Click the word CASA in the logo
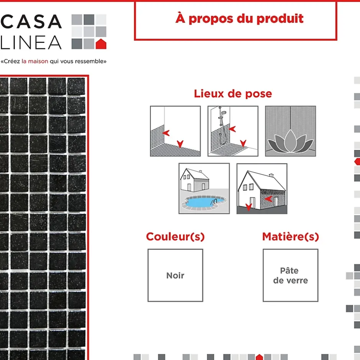click(x=31, y=21)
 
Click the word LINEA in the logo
click(x=31, y=43)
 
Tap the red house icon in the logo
click(x=101, y=44)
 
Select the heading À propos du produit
click(x=239, y=18)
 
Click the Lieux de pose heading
click(x=233, y=94)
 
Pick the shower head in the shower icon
click(x=223, y=113)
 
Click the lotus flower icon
click(x=290, y=141)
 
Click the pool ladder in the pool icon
click(x=214, y=202)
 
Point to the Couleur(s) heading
click(x=175, y=236)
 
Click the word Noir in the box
click(x=175, y=275)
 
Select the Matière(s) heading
click(x=290, y=236)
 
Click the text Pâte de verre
click(x=290, y=275)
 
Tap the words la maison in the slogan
click(x=35, y=61)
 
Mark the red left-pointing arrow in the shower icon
click(x=232, y=129)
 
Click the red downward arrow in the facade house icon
click(x=249, y=207)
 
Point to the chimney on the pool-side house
click(x=200, y=171)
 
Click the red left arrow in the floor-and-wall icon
click(x=166, y=133)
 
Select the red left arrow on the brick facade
click(x=268, y=199)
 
